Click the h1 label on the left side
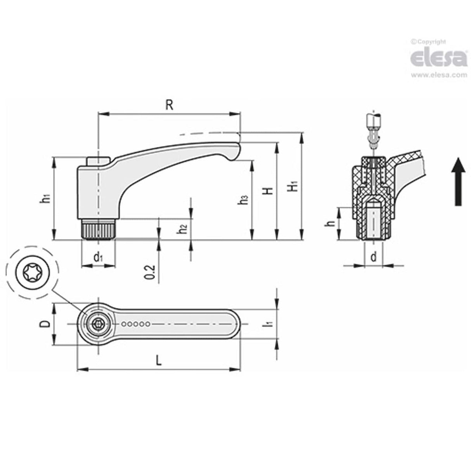(45, 198)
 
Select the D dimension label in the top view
(45, 324)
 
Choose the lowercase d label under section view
(374, 256)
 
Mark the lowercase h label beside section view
(330, 224)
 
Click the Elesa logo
(438, 58)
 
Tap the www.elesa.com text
(439, 75)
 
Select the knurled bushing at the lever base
(98, 230)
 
